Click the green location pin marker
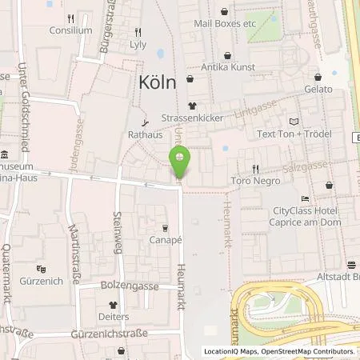tap(180, 161)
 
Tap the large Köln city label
tap(158, 82)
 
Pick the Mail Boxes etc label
tap(225, 24)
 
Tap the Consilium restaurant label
tap(71, 30)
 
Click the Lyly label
tap(138, 45)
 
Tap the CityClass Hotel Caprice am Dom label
tap(307, 215)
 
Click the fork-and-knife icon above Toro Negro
tap(255, 168)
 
